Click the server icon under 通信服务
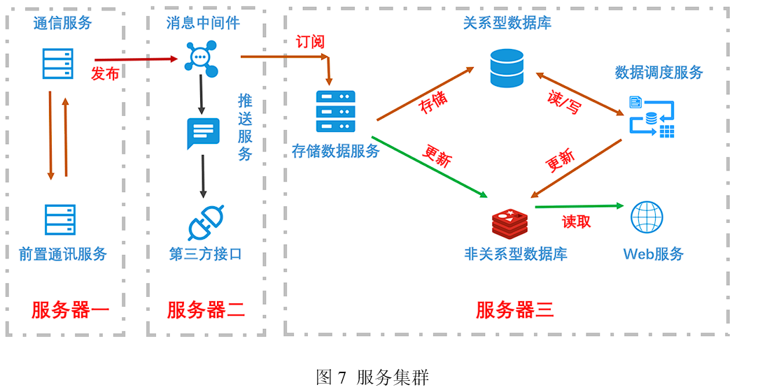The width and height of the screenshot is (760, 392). click(57, 64)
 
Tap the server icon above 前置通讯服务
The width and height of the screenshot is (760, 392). click(59, 219)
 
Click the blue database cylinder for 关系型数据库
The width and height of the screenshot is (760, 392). click(507, 68)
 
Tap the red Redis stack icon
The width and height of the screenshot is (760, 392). click(510, 223)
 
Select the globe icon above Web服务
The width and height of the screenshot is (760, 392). click(647, 217)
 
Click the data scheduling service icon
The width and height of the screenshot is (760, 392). click(652, 117)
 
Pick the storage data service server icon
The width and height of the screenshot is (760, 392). click(335, 112)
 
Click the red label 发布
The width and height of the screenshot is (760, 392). click(105, 73)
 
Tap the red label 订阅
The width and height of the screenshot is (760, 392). click(310, 42)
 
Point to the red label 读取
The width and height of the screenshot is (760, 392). click(577, 222)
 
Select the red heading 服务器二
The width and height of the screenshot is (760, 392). click(206, 310)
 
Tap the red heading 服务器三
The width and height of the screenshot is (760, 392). click(515, 310)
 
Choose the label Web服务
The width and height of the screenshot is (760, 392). click(653, 254)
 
